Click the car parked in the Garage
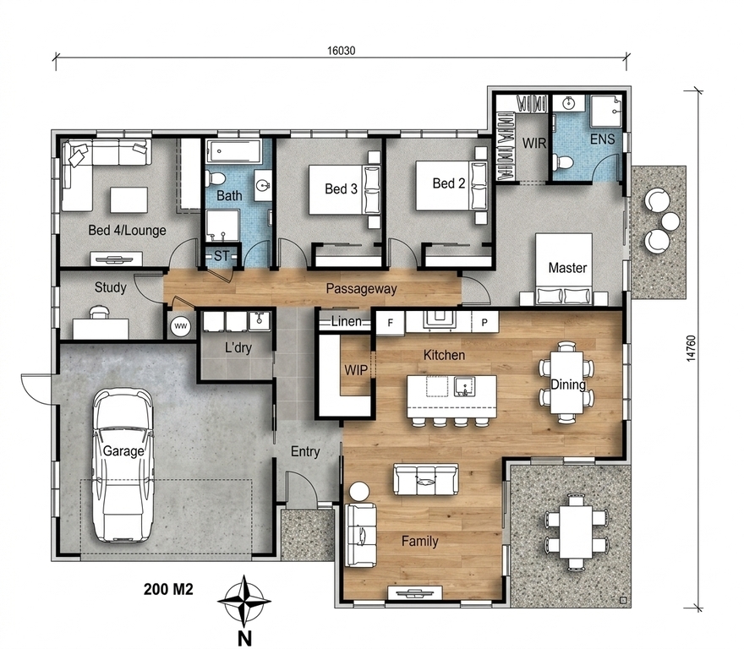pyautogui.click(x=123, y=465)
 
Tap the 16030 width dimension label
pyautogui.click(x=341, y=51)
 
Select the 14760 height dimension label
pyautogui.click(x=691, y=349)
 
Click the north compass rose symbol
pyautogui.click(x=243, y=602)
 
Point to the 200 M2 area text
pyautogui.click(x=168, y=589)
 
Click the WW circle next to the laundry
pyautogui.click(x=180, y=326)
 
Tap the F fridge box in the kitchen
pyautogui.click(x=390, y=323)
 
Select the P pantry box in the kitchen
pyautogui.click(x=484, y=322)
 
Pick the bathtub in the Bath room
pyautogui.click(x=234, y=151)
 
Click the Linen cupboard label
pyautogui.click(x=347, y=321)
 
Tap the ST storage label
pyautogui.click(x=222, y=256)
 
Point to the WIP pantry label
pyautogui.click(x=356, y=370)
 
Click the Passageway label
pyautogui.click(x=361, y=288)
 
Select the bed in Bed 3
pyautogui.click(x=344, y=189)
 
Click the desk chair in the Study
pyautogui.click(x=99, y=311)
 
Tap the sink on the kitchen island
pyautogui.click(x=463, y=386)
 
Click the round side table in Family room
pyautogui.click(x=359, y=491)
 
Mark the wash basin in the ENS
pyautogui.click(x=569, y=102)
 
